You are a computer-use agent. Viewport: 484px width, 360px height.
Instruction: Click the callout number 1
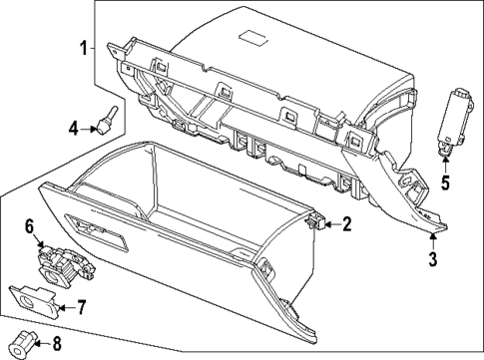[x=85, y=48]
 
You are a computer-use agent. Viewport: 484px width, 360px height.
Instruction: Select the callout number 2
[x=346, y=225]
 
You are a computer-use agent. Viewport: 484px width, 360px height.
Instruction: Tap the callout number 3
[x=433, y=261]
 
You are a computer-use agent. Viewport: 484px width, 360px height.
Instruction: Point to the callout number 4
[x=73, y=127]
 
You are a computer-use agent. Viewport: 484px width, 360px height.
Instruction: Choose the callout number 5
[x=446, y=182]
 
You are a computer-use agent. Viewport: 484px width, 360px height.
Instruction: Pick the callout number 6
[x=30, y=228]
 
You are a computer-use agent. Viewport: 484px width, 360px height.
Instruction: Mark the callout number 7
[x=83, y=307]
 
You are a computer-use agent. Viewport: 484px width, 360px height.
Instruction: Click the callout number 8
[x=56, y=346]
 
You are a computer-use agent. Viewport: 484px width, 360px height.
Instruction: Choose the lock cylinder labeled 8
[x=27, y=343]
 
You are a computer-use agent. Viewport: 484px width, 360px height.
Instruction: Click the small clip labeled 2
[x=314, y=222]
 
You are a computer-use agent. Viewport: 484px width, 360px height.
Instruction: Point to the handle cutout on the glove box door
[x=97, y=234]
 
